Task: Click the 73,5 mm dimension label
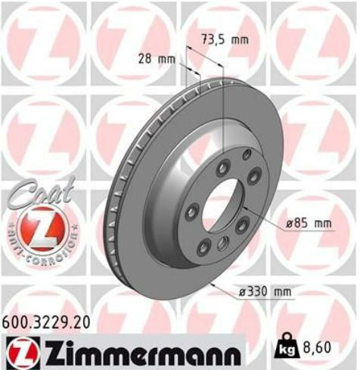tap(225, 40)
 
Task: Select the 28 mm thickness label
tap(157, 60)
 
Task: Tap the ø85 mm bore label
tap(309, 224)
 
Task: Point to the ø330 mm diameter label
tap(265, 292)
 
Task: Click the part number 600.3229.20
tap(46, 323)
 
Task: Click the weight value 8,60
tap(316, 348)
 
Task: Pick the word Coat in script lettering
tap(43, 192)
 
